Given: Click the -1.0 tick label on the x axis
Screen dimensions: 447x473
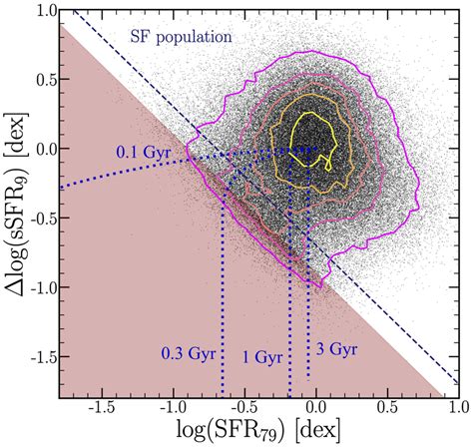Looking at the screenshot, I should tap(172, 407).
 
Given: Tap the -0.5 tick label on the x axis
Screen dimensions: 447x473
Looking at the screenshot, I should tap(242, 407).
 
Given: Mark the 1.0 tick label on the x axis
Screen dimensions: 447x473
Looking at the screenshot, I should tap(455, 407).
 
